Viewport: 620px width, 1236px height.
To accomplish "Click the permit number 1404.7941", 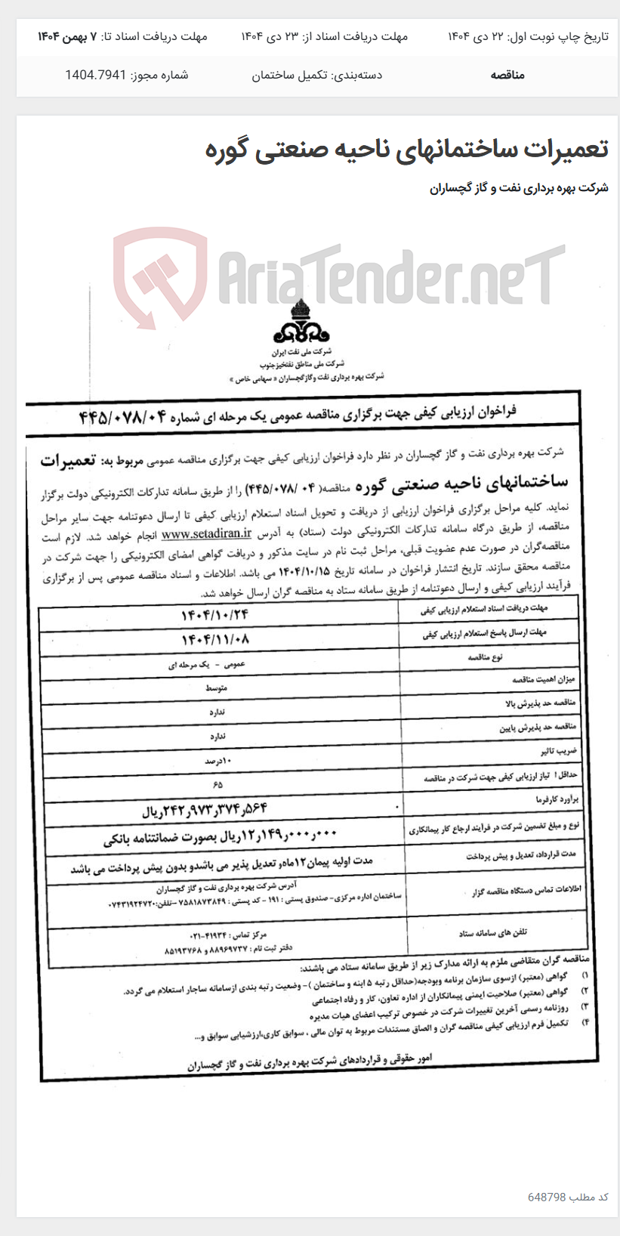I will [x=95, y=75].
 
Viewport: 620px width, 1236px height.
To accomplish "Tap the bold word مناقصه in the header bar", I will [x=507, y=75].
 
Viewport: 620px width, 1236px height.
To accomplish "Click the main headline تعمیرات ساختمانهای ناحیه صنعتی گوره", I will [x=406, y=149].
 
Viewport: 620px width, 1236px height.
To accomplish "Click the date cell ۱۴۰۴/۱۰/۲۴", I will [x=214, y=615].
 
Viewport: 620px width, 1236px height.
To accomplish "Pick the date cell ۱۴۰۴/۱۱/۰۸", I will [x=214, y=639].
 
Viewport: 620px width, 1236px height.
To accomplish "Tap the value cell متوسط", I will [x=215, y=688].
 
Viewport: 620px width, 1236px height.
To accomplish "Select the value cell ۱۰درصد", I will [x=217, y=761].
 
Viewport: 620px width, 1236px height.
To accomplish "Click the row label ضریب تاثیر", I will [x=558, y=752].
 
